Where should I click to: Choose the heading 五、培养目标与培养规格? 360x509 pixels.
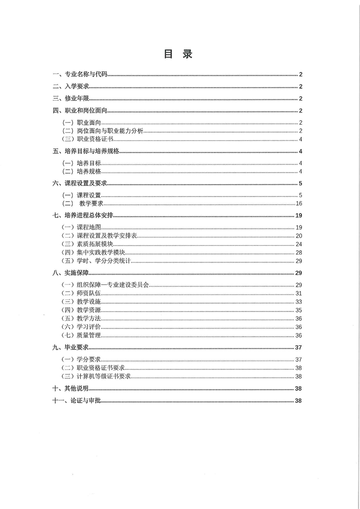(x=86, y=152)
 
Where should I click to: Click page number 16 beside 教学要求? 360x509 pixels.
(x=299, y=203)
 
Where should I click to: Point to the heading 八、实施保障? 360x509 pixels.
(x=71, y=273)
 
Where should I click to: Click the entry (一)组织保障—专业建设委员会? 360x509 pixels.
(x=105, y=285)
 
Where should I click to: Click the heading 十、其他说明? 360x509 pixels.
(x=71, y=389)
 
